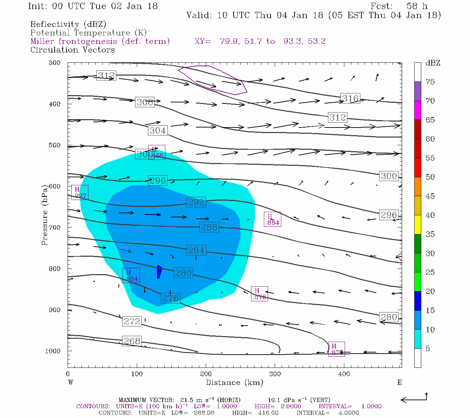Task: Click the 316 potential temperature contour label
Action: point(350,99)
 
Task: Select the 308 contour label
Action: point(145,102)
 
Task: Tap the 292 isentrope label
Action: point(196,202)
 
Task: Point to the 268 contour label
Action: point(132,341)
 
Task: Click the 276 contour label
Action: point(171,298)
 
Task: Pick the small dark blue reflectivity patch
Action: point(159,272)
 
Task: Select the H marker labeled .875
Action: point(336,349)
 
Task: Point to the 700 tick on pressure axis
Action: point(54,227)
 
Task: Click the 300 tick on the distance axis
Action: point(275,374)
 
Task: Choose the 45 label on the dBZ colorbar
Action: point(430,196)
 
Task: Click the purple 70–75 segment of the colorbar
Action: point(417,91)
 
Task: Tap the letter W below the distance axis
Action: point(71,382)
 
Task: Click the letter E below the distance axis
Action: point(400,382)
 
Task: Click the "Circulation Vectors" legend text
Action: point(72,50)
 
